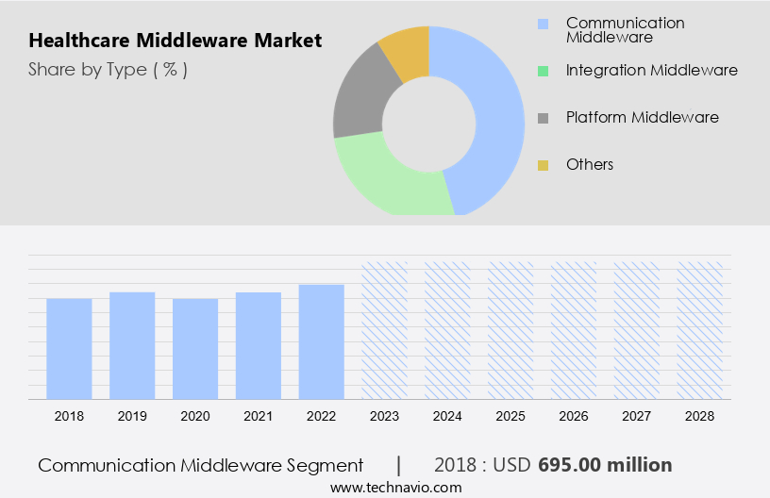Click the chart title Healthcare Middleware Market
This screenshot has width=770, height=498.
pos(175,41)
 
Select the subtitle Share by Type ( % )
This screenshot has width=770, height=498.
pos(108,69)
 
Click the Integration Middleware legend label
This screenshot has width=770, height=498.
pos(651,70)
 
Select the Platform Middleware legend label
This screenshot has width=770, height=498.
pos(642,117)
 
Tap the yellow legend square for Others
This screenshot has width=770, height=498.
pos(543,165)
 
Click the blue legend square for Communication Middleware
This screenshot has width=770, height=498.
pos(543,24)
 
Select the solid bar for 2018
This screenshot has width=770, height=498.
pos(69,348)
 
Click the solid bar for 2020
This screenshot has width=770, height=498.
pos(195,348)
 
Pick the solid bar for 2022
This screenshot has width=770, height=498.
pos(322,341)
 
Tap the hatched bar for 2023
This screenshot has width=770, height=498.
pos(385,330)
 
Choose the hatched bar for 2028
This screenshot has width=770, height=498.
pos(700,330)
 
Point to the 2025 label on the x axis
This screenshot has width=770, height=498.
pos(511,415)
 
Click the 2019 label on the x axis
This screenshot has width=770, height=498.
pos(132,415)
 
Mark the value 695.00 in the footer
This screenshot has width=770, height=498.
pos(574,465)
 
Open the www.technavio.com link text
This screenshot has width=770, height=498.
pos(396,487)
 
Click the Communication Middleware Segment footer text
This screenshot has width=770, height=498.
pos(200,465)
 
